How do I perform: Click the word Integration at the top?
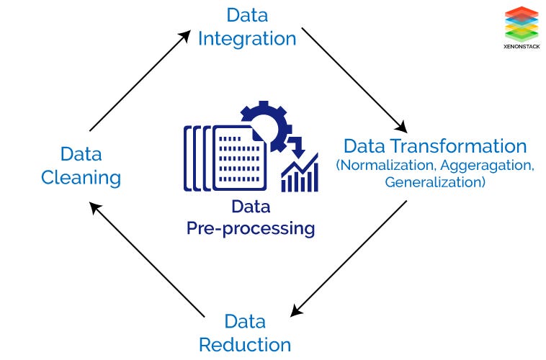(247, 38)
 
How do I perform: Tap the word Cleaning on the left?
(81, 177)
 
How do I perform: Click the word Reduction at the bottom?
(245, 344)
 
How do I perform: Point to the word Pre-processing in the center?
(251, 229)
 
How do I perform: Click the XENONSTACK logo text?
(522, 44)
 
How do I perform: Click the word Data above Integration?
(247, 14)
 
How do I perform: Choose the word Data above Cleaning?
(81, 153)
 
